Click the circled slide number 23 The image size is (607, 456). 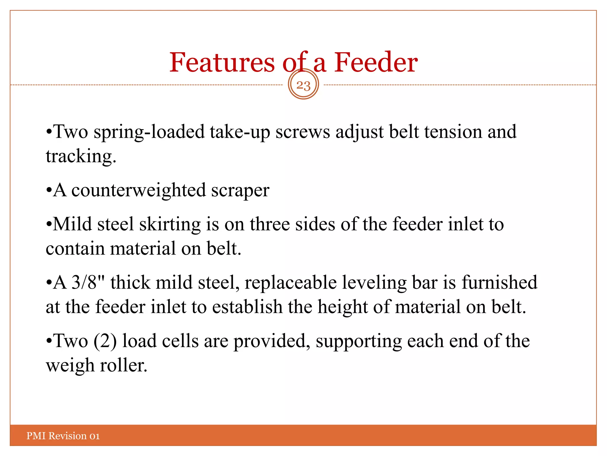tap(303, 85)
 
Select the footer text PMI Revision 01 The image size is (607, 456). tap(63, 436)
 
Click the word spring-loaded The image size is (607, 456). tap(149, 132)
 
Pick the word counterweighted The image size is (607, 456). tap(138, 190)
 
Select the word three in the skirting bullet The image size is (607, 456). tap(269, 224)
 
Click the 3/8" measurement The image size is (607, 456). tap(88, 282)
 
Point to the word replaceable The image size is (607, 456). tap(290, 283)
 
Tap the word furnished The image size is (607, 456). tap(499, 282)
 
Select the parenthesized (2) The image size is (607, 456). tap(105, 341)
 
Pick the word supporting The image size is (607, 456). tap(359, 341)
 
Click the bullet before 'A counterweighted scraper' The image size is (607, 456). tap(49, 191)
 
